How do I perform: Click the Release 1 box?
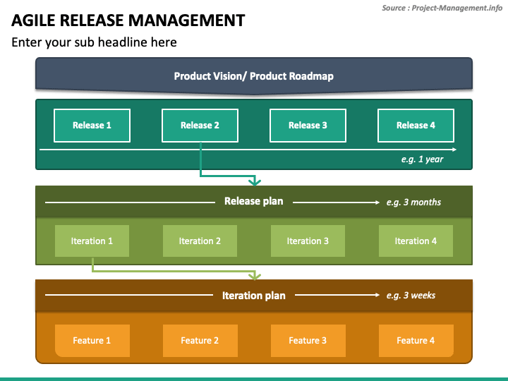click(92, 126)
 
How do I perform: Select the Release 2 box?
click(200, 126)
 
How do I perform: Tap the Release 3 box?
click(308, 126)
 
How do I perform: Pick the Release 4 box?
click(416, 126)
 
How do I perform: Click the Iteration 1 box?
click(92, 241)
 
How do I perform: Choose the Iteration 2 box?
click(200, 241)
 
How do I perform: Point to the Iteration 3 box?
click(308, 241)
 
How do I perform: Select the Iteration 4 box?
click(416, 241)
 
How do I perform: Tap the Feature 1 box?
click(92, 341)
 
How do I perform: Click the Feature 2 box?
click(200, 341)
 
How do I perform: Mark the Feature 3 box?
click(308, 341)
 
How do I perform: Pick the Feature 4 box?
click(416, 341)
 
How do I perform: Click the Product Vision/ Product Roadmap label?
click(254, 76)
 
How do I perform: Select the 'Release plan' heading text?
click(254, 201)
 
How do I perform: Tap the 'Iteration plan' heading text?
click(254, 296)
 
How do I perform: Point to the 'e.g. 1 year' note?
click(422, 159)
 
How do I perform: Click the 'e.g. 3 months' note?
click(413, 202)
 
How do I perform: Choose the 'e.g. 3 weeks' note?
click(411, 296)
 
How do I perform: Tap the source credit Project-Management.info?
click(456, 8)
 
